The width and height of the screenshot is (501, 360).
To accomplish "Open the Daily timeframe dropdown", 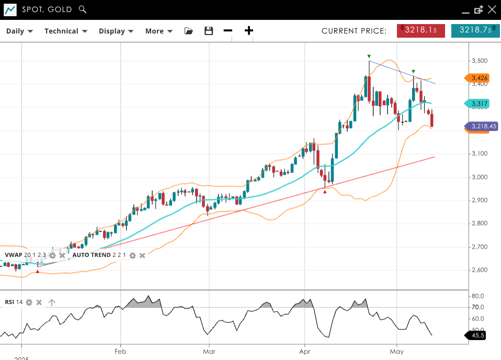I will [19, 31].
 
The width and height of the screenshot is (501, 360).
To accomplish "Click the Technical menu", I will [65, 31].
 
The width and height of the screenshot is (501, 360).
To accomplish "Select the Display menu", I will [116, 31].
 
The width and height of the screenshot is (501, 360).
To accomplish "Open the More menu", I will [158, 31].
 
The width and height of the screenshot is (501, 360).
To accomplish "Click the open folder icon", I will [189, 31].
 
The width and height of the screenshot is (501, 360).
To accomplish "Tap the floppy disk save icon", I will [209, 31].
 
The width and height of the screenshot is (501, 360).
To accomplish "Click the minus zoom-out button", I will [228, 31].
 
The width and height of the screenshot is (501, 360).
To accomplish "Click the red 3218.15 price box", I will [421, 30].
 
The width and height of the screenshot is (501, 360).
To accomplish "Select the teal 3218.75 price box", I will [475, 30].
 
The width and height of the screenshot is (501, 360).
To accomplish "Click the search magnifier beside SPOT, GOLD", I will [82, 9].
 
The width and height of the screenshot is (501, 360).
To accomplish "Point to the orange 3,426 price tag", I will [477, 78].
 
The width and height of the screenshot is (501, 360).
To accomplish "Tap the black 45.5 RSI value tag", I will [476, 336].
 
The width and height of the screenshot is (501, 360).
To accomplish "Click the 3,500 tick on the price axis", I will [480, 61].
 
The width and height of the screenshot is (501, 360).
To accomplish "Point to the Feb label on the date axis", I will [120, 352].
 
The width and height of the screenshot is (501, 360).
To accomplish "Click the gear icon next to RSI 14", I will [29, 302].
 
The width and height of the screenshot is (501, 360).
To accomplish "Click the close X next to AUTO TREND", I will [142, 255].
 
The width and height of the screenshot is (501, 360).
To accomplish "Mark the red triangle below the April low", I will [325, 192].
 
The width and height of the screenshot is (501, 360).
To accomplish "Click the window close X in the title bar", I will [492, 9].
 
